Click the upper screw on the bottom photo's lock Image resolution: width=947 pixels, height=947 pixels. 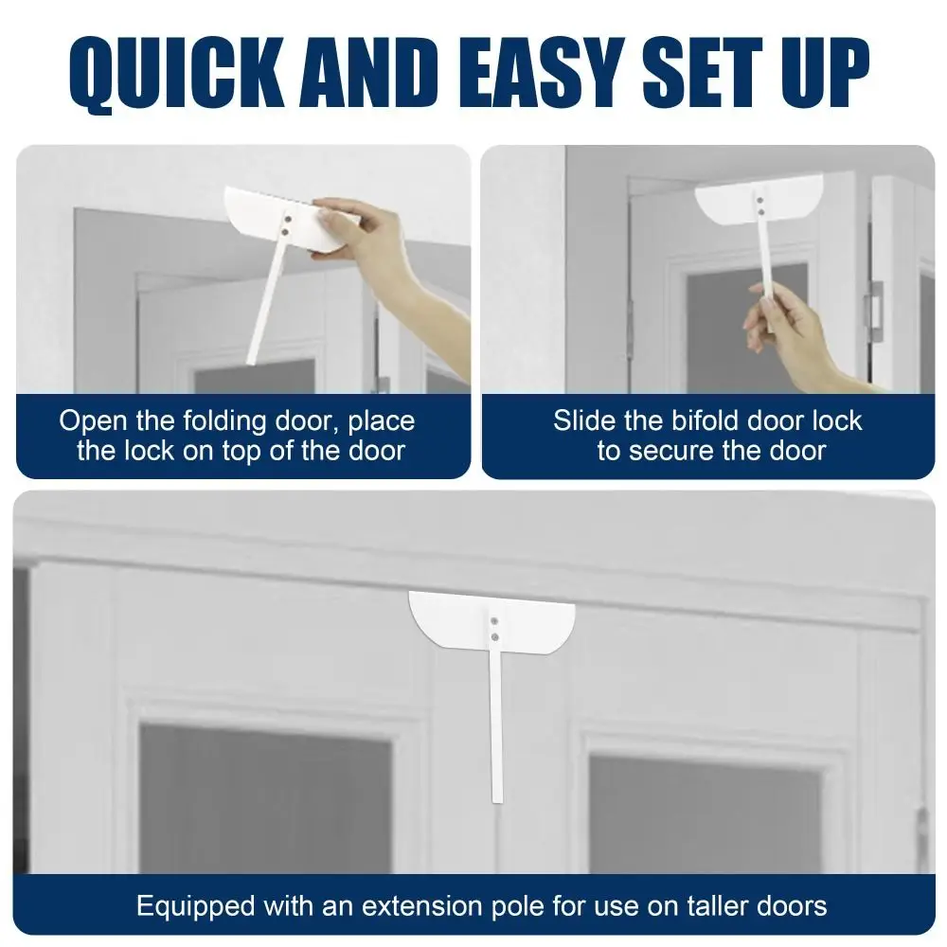coord(494,621)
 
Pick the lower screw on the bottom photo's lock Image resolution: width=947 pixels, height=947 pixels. coord(494,637)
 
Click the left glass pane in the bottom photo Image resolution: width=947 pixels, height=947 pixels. coord(266,797)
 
